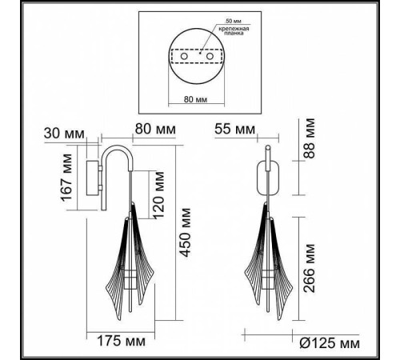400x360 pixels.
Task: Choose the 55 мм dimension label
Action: [234, 129]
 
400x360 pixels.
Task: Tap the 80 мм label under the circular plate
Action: [194, 101]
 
